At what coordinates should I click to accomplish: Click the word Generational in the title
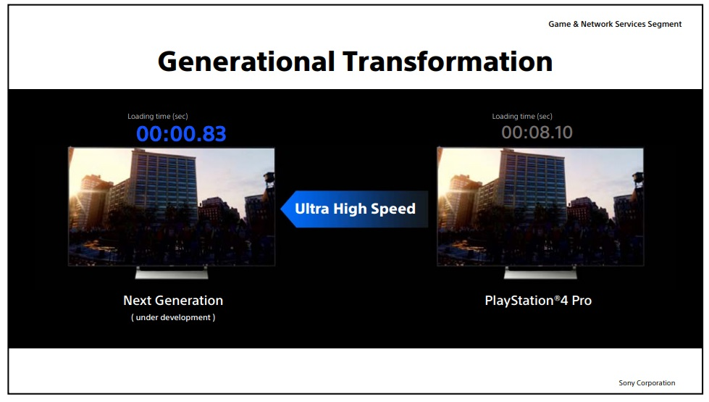pos(246,62)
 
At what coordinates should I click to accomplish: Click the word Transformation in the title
pos(448,62)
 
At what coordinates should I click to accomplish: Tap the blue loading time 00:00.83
pos(181,134)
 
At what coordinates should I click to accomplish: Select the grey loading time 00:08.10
pos(537,133)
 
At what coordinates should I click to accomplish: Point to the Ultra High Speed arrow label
pos(355,209)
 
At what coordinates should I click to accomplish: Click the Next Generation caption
pos(173,301)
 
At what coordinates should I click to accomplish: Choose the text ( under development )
pos(173,317)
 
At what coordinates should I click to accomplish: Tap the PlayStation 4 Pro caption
pos(538,301)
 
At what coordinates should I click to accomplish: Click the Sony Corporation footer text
pos(647,383)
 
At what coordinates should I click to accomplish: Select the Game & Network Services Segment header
pos(615,25)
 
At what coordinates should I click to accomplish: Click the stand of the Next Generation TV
pos(172,272)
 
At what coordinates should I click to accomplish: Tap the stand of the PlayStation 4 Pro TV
pos(540,272)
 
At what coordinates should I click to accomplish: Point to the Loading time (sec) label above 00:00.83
pos(157,117)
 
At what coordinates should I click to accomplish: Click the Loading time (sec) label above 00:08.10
pos(522,117)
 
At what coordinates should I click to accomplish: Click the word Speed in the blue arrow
pos(393,209)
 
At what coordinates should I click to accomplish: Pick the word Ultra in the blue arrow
pos(312,209)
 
